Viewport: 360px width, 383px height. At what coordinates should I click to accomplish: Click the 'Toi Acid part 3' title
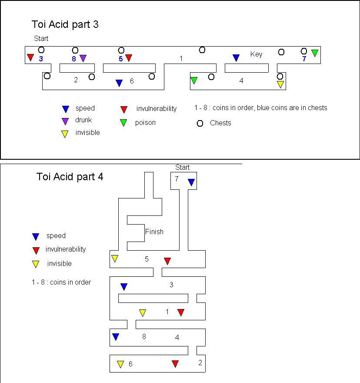(65, 24)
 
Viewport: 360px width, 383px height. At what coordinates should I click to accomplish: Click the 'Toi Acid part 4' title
(70, 177)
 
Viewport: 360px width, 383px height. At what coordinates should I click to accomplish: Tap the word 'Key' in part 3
(257, 54)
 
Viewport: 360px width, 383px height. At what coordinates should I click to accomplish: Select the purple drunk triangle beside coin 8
(83, 58)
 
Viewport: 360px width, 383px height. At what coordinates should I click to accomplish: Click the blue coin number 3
(41, 59)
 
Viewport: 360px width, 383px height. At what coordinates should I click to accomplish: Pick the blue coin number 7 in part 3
(304, 59)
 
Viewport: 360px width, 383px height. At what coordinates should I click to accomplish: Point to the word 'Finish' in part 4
(154, 232)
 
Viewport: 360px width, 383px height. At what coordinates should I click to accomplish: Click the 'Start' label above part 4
(183, 168)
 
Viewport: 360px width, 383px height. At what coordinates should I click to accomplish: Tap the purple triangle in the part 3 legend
(65, 121)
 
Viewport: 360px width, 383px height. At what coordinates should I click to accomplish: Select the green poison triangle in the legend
(124, 123)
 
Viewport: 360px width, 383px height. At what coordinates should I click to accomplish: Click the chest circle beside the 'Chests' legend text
(200, 123)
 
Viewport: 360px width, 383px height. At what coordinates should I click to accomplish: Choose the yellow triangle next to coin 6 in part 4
(120, 364)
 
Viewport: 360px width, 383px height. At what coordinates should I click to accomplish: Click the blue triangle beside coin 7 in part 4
(191, 182)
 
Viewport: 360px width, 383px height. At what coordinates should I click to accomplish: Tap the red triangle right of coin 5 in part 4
(167, 261)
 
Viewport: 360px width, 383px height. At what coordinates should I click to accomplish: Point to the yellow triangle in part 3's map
(280, 84)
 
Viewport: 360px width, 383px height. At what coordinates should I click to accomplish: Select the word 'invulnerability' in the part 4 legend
(66, 249)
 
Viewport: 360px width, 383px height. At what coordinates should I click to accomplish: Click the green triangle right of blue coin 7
(315, 53)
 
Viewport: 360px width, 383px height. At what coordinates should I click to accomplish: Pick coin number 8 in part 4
(144, 336)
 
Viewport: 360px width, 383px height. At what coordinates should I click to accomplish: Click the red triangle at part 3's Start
(30, 57)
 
